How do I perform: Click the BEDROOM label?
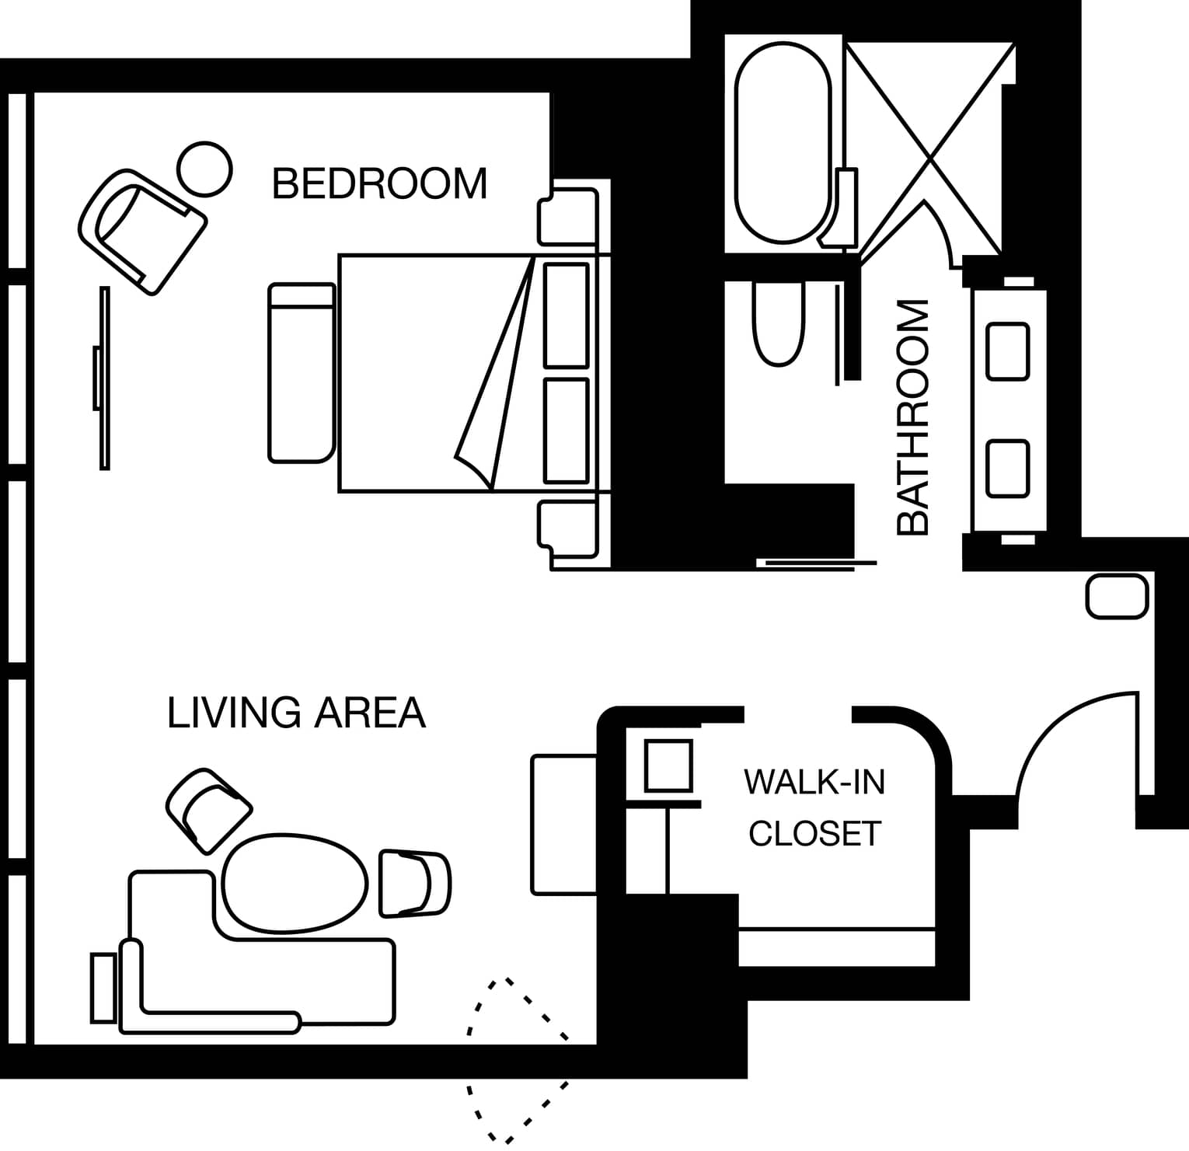380,183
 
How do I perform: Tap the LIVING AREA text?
296,713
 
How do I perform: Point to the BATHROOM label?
913,417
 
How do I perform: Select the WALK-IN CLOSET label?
814,807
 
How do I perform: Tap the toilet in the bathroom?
778,323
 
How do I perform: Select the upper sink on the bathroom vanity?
1008,351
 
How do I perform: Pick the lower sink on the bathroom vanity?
1008,469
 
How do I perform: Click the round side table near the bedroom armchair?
204,169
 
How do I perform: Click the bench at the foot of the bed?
302,373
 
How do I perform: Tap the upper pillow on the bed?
567,315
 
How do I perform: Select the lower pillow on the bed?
567,431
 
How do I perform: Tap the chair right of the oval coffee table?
415,884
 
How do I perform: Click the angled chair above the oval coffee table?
209,811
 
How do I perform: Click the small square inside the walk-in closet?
669,766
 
